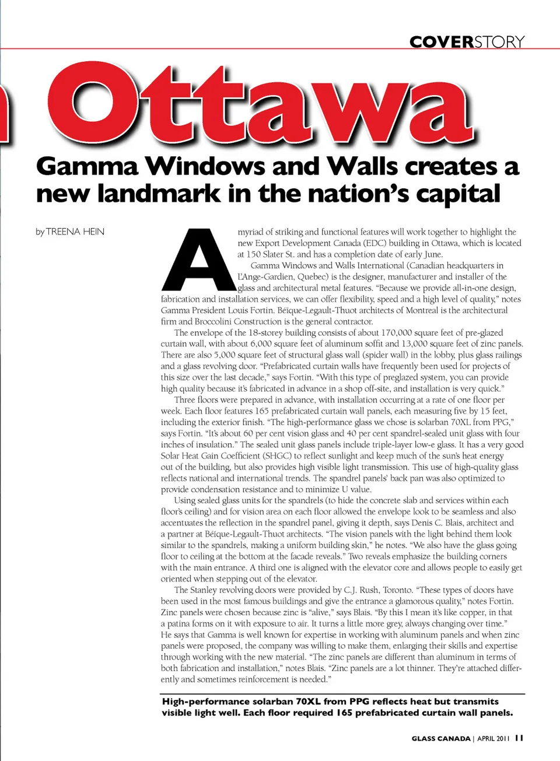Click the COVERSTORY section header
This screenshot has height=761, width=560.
tap(467, 42)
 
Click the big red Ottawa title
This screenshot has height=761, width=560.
tap(262, 105)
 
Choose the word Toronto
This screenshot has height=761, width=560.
tap(397, 590)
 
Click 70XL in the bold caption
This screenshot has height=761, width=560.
tap(309, 702)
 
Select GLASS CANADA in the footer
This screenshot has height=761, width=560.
tap(441, 738)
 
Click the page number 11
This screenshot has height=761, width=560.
tap(519, 738)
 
